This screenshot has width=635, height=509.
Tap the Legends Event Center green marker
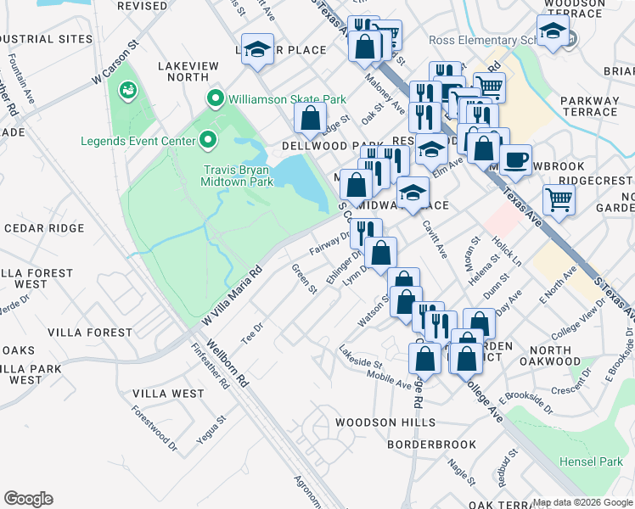tap(209, 140)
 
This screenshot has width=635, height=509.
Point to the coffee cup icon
tap(514, 159)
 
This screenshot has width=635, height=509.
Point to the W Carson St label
tap(115, 64)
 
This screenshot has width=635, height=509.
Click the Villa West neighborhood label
tap(168, 394)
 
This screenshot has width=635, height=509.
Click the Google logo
tap(28, 499)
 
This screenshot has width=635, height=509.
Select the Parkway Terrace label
tap(589, 106)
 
